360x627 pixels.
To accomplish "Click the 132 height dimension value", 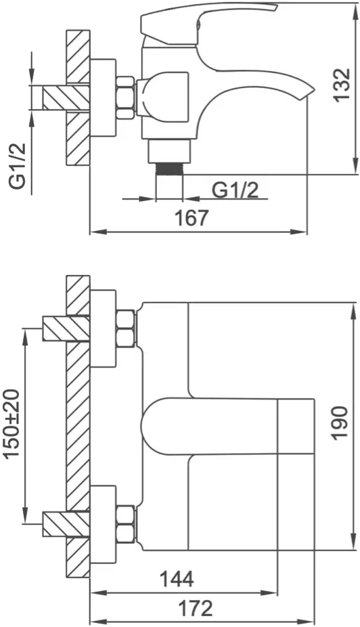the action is pyautogui.click(x=342, y=85).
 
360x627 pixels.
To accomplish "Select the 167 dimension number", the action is pyautogui.click(x=192, y=218).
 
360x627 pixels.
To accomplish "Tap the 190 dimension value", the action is pyautogui.click(x=340, y=423).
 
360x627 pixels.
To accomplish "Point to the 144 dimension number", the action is pyautogui.click(x=177, y=579).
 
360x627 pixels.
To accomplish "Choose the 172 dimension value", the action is pyautogui.click(x=195, y=609).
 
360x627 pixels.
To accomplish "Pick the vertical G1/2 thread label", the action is pyautogui.click(x=18, y=165).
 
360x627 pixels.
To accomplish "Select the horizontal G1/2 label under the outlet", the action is pyautogui.click(x=235, y=190).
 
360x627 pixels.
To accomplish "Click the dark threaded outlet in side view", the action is pyautogui.click(x=169, y=169).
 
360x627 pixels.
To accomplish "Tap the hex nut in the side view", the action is pyautogui.click(x=125, y=98).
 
